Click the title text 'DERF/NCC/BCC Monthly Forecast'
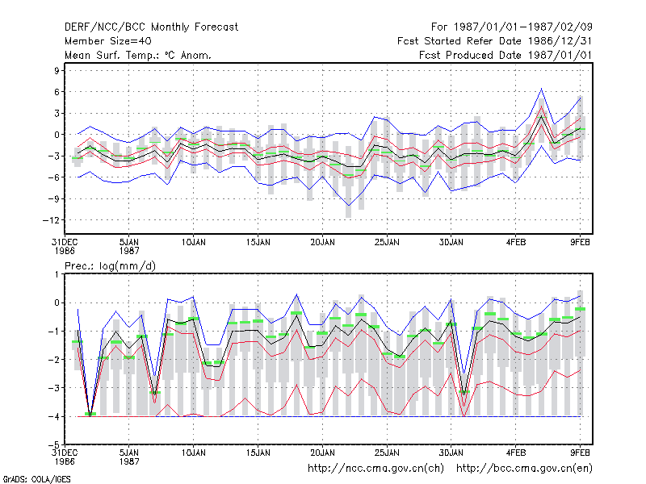point(151,27)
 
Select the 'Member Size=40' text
point(108,41)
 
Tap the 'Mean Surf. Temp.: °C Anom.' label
point(137,55)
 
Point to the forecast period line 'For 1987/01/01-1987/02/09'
point(512,27)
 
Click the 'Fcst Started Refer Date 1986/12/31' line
point(494,41)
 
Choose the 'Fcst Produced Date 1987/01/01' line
point(505,55)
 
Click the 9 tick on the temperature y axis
point(57,70)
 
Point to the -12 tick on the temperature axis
point(51,220)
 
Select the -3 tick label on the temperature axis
point(53,156)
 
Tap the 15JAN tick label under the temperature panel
point(258,243)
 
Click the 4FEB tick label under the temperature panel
point(516,243)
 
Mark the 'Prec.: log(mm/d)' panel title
point(110,266)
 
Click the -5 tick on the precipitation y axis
point(54,444)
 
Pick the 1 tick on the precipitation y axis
point(57,274)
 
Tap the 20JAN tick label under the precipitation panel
point(322,453)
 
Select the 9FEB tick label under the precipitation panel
point(580,453)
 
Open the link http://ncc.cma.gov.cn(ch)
point(375,469)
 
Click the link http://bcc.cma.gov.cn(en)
point(524,469)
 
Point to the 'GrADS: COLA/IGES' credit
point(36,479)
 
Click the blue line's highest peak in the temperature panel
point(541,89)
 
